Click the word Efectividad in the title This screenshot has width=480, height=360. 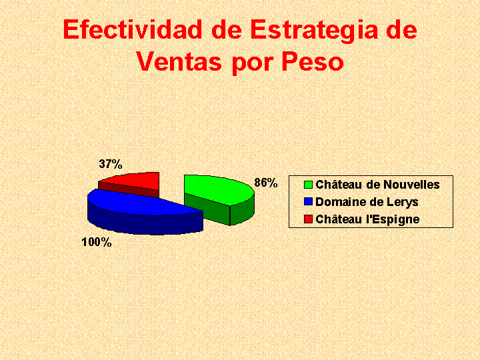(133, 29)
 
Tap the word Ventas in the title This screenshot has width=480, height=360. (179, 61)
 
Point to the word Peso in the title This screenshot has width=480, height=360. (312, 61)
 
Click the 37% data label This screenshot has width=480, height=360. (111, 165)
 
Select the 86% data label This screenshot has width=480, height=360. (266, 183)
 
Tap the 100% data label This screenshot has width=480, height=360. (97, 243)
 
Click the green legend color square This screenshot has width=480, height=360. (308, 185)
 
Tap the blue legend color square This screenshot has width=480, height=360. (308, 202)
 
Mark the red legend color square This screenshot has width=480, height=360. (308, 219)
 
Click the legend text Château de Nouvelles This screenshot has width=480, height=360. (377, 185)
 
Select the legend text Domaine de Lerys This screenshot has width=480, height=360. (367, 202)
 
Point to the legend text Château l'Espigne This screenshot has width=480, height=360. (367, 219)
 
